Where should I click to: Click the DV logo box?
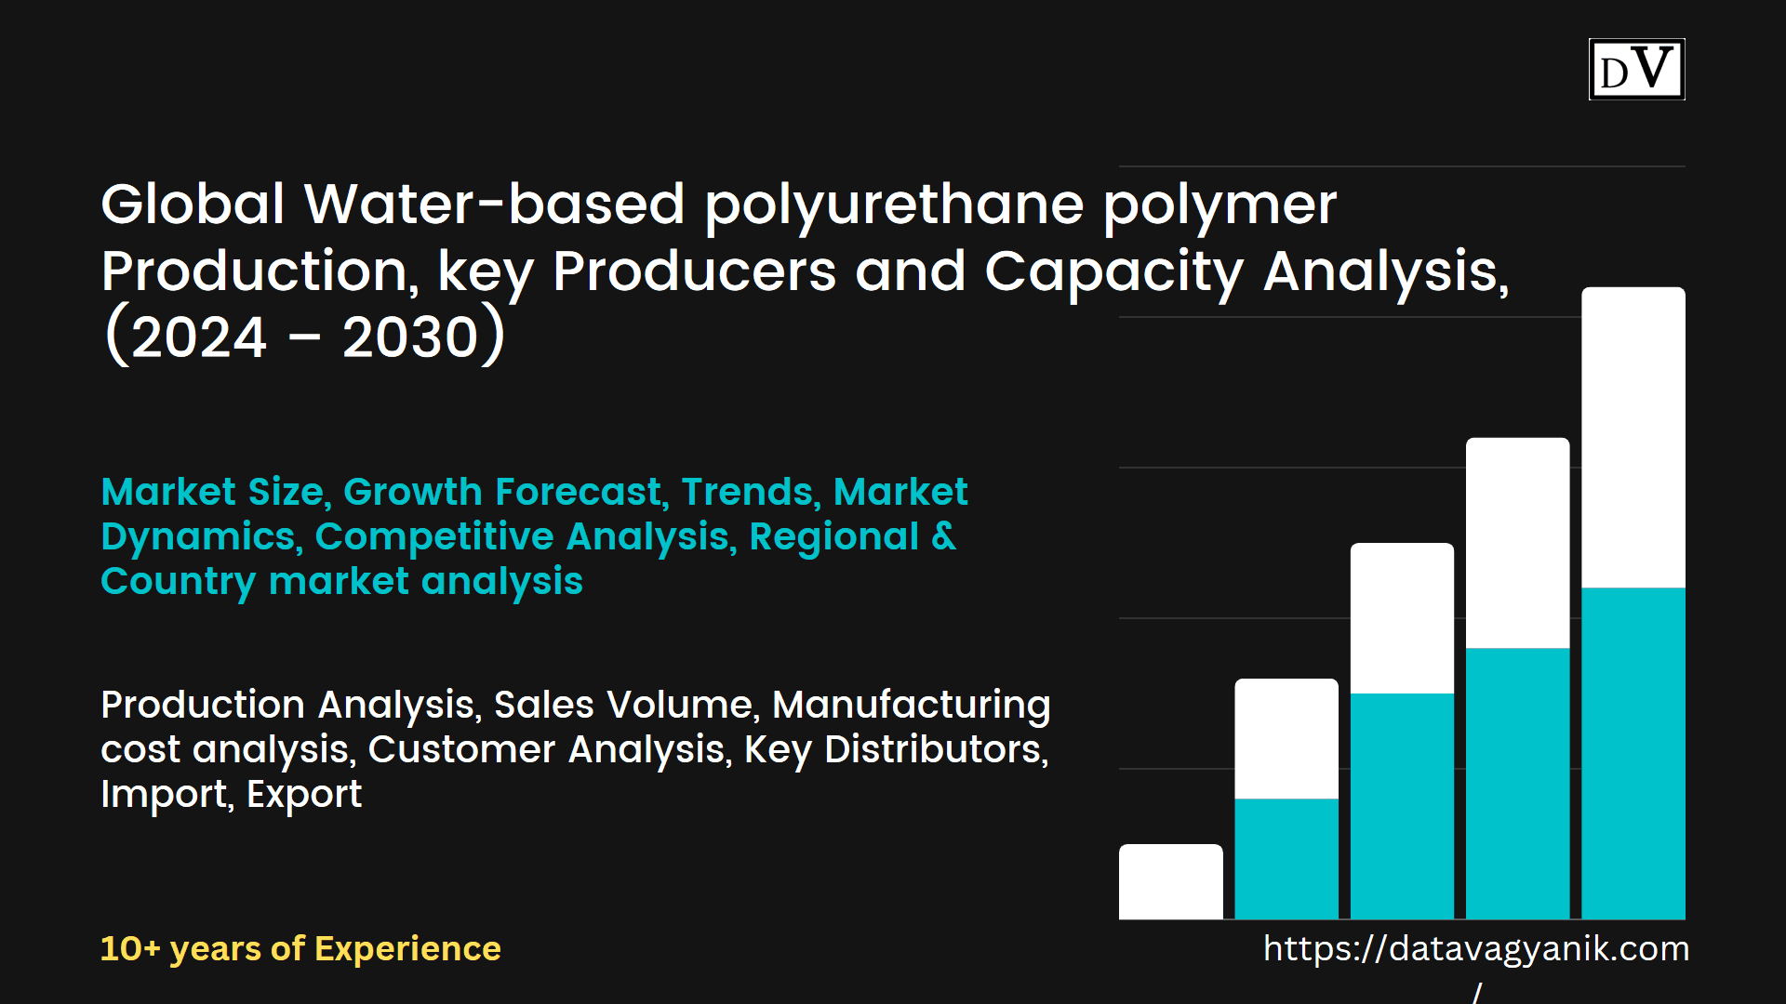click(x=1636, y=69)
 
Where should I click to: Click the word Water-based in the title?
click(x=494, y=204)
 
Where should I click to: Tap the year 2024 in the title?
click(x=199, y=337)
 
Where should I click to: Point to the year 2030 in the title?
click(x=410, y=337)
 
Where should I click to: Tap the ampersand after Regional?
click(x=943, y=536)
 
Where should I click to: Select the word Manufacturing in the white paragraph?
click(x=912, y=705)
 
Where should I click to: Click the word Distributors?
click(x=936, y=749)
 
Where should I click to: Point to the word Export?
click(x=304, y=795)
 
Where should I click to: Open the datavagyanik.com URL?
click(x=1476, y=949)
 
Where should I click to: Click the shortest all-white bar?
click(x=1170, y=881)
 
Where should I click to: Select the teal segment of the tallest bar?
click(x=1633, y=753)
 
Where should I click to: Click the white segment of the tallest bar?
click(x=1633, y=437)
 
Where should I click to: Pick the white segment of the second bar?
click(x=1286, y=738)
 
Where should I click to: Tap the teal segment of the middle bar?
click(x=1402, y=806)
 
